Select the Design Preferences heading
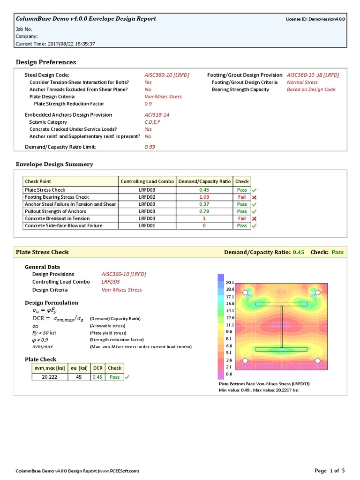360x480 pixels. pos(46,62)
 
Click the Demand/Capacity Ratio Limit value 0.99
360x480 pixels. pos(150,147)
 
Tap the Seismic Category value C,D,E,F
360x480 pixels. pos(154,122)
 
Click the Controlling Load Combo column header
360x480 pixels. pos(147,181)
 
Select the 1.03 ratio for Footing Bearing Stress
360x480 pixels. pos(204,197)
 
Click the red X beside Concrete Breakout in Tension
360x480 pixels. pos(255,218)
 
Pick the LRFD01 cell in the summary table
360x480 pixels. pos(147,225)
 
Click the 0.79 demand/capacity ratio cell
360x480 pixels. pos(204,211)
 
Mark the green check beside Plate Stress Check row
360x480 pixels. pos(255,190)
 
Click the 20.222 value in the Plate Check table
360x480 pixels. pos(50,377)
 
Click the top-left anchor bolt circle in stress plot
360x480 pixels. pos(245,293)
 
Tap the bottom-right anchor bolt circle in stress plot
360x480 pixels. pos(317,360)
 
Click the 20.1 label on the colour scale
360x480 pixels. pos(230,283)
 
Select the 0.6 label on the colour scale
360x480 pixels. pos(229,374)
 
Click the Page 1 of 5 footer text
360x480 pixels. pos(330,470)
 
